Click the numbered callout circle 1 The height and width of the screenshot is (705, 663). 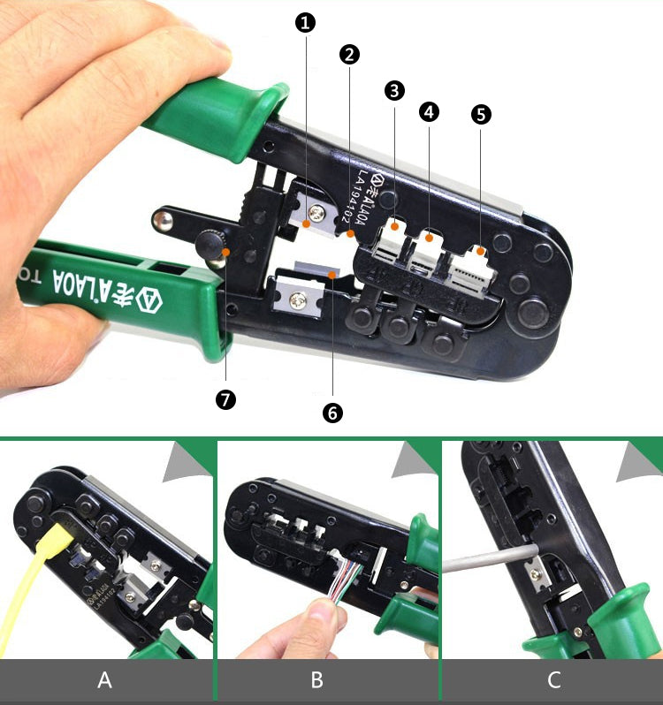tap(307, 24)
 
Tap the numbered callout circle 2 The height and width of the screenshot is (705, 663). tap(349, 54)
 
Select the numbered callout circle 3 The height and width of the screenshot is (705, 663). tap(394, 90)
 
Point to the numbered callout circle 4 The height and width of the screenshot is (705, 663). tap(429, 111)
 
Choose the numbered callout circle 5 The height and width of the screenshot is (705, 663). tap(482, 114)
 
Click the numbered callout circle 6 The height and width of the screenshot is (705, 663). tap(332, 413)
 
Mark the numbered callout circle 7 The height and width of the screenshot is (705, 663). tap(225, 399)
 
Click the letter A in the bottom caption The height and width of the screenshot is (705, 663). tap(105, 680)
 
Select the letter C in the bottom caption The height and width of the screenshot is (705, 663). tap(553, 680)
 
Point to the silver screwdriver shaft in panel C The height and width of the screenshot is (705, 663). tap(486, 562)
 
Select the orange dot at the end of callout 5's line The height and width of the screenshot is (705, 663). tap(482, 252)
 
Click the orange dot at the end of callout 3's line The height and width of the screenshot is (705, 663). tap(394, 226)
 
